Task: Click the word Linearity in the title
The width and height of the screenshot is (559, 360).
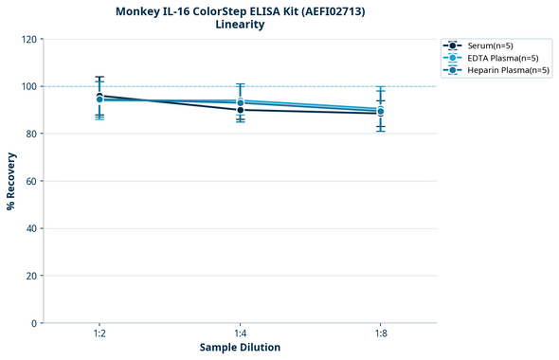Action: pyautogui.click(x=240, y=25)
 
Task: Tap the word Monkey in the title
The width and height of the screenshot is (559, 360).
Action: pyautogui.click(x=138, y=11)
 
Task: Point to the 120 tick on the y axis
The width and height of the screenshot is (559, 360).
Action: pyautogui.click(x=29, y=39)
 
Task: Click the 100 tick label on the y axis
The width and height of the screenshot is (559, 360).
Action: pyautogui.click(x=29, y=86)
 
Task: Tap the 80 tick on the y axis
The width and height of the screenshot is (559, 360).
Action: pyautogui.click(x=32, y=134)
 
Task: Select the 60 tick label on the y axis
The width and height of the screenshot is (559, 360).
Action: pyautogui.click(x=32, y=181)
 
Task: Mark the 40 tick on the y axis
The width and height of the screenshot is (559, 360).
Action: pyautogui.click(x=32, y=228)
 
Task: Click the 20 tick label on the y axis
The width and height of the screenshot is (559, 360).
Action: pyautogui.click(x=32, y=276)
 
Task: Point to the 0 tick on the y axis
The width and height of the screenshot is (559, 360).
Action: pyautogui.click(x=35, y=323)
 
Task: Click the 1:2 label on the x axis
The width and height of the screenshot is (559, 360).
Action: pyautogui.click(x=99, y=334)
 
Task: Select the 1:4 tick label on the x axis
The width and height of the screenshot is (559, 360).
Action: pyautogui.click(x=240, y=334)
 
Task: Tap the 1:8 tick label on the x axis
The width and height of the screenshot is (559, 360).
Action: pyautogui.click(x=380, y=334)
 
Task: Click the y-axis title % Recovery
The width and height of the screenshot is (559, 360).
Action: pyautogui.click(x=11, y=181)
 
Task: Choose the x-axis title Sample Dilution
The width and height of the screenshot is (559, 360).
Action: pyautogui.click(x=240, y=348)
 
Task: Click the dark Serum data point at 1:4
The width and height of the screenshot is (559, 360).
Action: pyautogui.click(x=240, y=110)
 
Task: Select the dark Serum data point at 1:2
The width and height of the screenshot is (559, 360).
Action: pyautogui.click(x=99, y=96)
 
